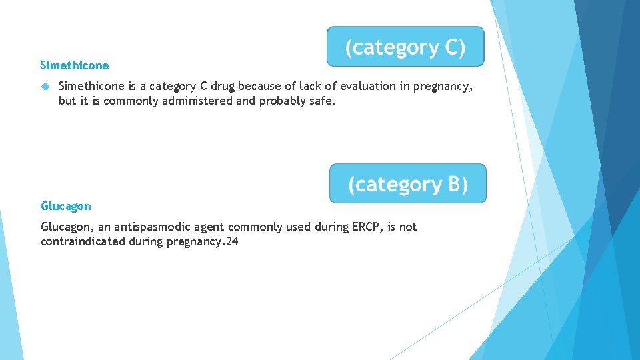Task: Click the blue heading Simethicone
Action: [75, 65]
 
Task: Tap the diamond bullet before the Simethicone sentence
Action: [45, 86]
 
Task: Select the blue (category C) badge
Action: [405, 47]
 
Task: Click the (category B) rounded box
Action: [408, 183]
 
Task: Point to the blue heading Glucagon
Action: [66, 206]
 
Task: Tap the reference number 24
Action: [231, 241]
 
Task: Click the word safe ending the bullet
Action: [321, 101]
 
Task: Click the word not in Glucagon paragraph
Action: [407, 227]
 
